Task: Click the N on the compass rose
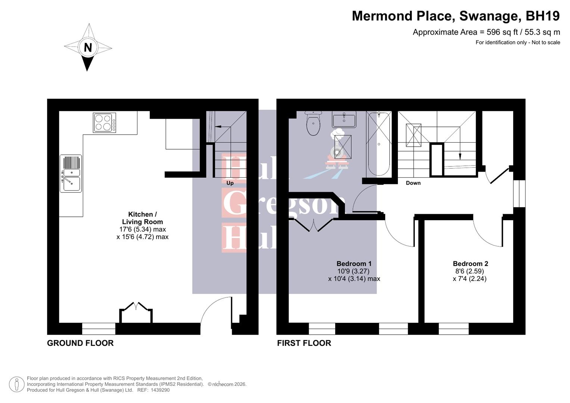88,47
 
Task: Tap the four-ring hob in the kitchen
104,123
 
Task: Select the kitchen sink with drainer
71,174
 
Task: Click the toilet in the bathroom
313,123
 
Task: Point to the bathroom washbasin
344,119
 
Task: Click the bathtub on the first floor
379,144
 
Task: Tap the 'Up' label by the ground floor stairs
230,183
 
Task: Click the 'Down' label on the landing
413,183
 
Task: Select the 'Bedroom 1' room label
354,263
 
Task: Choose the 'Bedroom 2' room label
470,263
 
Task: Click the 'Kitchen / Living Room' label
142,218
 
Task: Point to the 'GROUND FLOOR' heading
80,343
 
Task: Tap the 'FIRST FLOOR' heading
304,343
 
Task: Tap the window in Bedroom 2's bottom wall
454,329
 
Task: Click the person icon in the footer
16,384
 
